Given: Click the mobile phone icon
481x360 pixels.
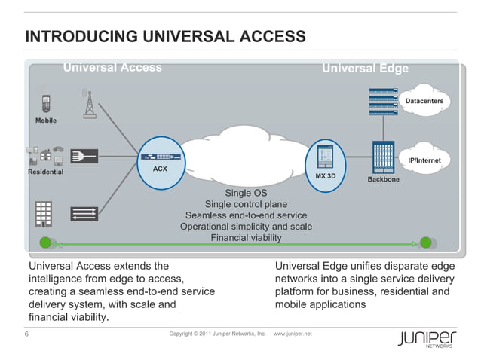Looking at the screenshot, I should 46,103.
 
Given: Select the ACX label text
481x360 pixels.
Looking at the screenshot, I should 160,169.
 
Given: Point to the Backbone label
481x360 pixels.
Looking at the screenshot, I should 383,180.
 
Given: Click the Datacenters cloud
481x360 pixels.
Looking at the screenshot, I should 424,100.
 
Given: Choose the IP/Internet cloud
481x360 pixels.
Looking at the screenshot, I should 424,160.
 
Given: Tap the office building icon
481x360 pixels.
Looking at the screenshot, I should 44,213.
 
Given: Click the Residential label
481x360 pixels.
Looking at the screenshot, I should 45,172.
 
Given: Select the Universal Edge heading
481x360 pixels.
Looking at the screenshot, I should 365,69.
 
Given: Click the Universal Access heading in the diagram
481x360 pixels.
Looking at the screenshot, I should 112,68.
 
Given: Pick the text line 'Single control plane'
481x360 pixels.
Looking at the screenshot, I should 246,204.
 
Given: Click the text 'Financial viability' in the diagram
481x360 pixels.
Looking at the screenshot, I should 246,238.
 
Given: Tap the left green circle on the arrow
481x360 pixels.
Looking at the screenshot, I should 46,243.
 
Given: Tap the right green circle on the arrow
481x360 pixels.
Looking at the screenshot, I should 426,243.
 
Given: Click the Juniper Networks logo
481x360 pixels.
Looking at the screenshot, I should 427,338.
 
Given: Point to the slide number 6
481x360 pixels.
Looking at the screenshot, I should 27,334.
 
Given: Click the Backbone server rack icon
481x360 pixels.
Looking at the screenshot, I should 383,157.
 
